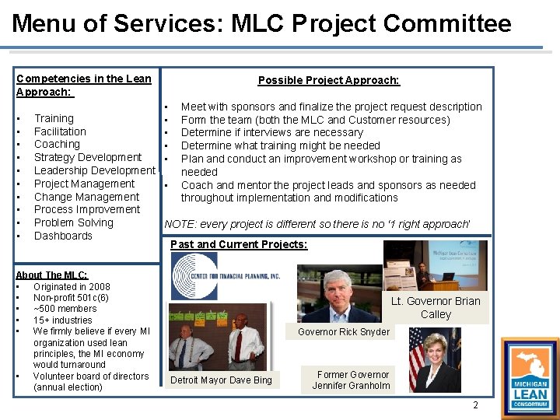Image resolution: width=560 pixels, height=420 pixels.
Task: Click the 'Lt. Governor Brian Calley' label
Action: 436,308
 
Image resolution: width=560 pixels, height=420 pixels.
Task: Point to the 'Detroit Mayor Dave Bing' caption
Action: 221,380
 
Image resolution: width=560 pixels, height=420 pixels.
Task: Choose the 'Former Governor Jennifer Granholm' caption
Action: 352,380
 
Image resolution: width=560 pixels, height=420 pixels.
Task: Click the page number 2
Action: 476,406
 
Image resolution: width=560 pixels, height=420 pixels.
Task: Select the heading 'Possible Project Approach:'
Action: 328,80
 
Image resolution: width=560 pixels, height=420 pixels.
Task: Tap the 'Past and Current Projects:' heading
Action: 238,244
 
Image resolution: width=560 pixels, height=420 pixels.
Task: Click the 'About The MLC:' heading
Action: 52,275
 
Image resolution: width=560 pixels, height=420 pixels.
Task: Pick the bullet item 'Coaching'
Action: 57,144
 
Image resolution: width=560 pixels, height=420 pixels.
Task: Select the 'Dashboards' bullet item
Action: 63,236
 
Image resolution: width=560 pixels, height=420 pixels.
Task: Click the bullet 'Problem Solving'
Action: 74,222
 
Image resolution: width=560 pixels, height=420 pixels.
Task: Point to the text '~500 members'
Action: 65,309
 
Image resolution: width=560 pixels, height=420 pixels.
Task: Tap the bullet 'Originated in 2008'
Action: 72,287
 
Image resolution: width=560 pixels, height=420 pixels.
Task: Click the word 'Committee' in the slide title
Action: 447,23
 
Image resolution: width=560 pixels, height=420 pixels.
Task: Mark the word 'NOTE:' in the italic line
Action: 180,224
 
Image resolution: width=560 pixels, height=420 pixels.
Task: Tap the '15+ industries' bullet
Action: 63,320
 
